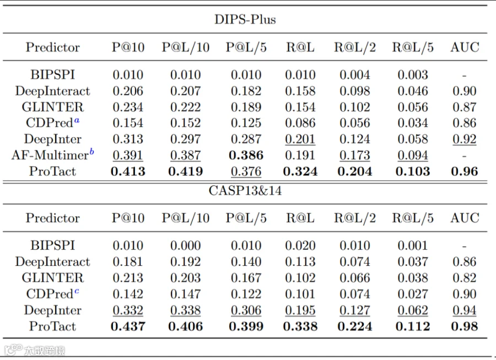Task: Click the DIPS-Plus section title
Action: click(245, 19)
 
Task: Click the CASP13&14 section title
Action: click(245, 191)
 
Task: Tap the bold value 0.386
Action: click(246, 155)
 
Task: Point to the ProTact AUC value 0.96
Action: click(465, 171)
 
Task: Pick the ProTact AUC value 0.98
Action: click(465, 326)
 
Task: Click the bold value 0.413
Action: click(128, 171)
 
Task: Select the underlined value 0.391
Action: click(128, 155)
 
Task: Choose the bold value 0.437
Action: click(128, 326)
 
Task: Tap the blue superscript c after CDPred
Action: click(77, 291)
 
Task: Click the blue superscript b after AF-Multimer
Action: click(91, 152)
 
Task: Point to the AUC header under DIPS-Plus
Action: click(465, 47)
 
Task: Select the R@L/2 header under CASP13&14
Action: click(355, 218)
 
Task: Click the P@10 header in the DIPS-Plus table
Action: click(128, 47)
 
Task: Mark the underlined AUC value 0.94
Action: click(465, 310)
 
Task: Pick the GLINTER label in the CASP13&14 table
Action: click(53, 278)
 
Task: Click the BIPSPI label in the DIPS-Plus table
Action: click(53, 75)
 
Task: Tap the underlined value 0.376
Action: click(246, 171)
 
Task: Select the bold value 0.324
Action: click(300, 171)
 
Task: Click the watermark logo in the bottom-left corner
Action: click(13, 350)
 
